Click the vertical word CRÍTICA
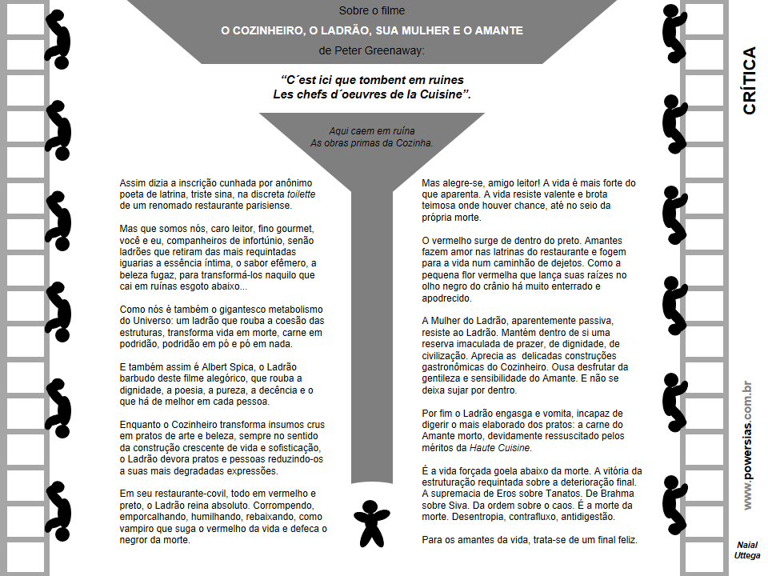coord(750,81)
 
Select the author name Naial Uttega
coord(748,550)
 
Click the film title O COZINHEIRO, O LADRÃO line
coord(372,31)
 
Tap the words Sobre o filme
coord(372,11)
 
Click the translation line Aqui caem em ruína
coord(372,130)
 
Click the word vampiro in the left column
coord(138,518)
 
